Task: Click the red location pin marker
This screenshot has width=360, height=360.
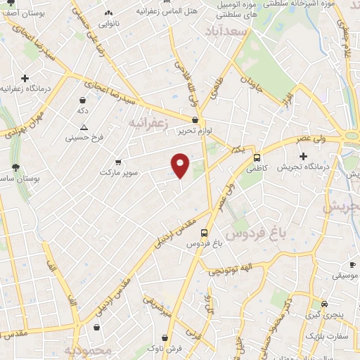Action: (x=181, y=165)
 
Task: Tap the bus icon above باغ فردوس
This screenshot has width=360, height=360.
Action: (x=204, y=233)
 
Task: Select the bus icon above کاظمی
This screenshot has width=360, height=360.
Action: (x=257, y=157)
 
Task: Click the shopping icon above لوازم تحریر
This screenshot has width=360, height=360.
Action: (x=195, y=120)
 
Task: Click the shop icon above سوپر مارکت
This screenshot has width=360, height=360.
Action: (x=117, y=161)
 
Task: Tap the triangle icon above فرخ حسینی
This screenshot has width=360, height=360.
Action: (x=84, y=127)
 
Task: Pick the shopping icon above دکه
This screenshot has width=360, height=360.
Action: (x=83, y=100)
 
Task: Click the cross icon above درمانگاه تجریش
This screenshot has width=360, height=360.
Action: (x=302, y=155)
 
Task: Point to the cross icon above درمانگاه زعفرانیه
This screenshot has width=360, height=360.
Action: (x=25, y=78)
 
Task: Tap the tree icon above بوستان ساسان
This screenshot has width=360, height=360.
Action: (x=15, y=167)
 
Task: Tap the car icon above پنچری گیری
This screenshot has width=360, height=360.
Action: (x=324, y=304)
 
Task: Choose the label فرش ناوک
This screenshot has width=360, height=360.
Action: (x=168, y=348)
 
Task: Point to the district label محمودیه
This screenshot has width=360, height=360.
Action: (x=89, y=350)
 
